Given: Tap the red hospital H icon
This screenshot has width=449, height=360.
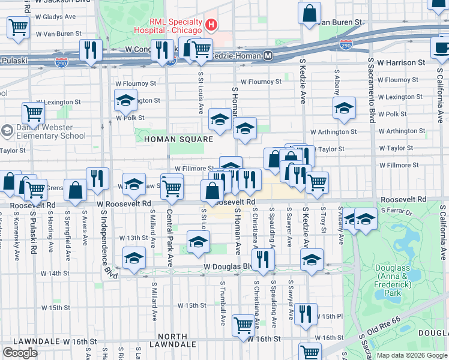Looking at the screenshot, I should pyautogui.click(x=211, y=25).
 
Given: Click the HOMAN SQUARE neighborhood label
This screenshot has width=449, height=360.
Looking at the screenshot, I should pyautogui.click(x=179, y=139).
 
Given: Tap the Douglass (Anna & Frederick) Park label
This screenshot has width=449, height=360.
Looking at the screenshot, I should pyautogui.click(x=392, y=281).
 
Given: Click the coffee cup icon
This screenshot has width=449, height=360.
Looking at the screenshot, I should pyautogui.click(x=441, y=48).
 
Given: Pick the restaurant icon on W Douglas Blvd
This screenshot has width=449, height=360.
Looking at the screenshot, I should pyautogui.click(x=263, y=259).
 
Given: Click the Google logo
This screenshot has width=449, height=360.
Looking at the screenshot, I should pyautogui.click(x=20, y=353).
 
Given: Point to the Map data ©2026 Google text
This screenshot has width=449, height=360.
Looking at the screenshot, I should pyautogui.click(x=412, y=355).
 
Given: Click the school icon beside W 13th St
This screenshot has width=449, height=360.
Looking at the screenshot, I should pyautogui.click(x=198, y=241).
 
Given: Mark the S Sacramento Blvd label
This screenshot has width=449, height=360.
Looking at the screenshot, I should pyautogui.click(x=372, y=90).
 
